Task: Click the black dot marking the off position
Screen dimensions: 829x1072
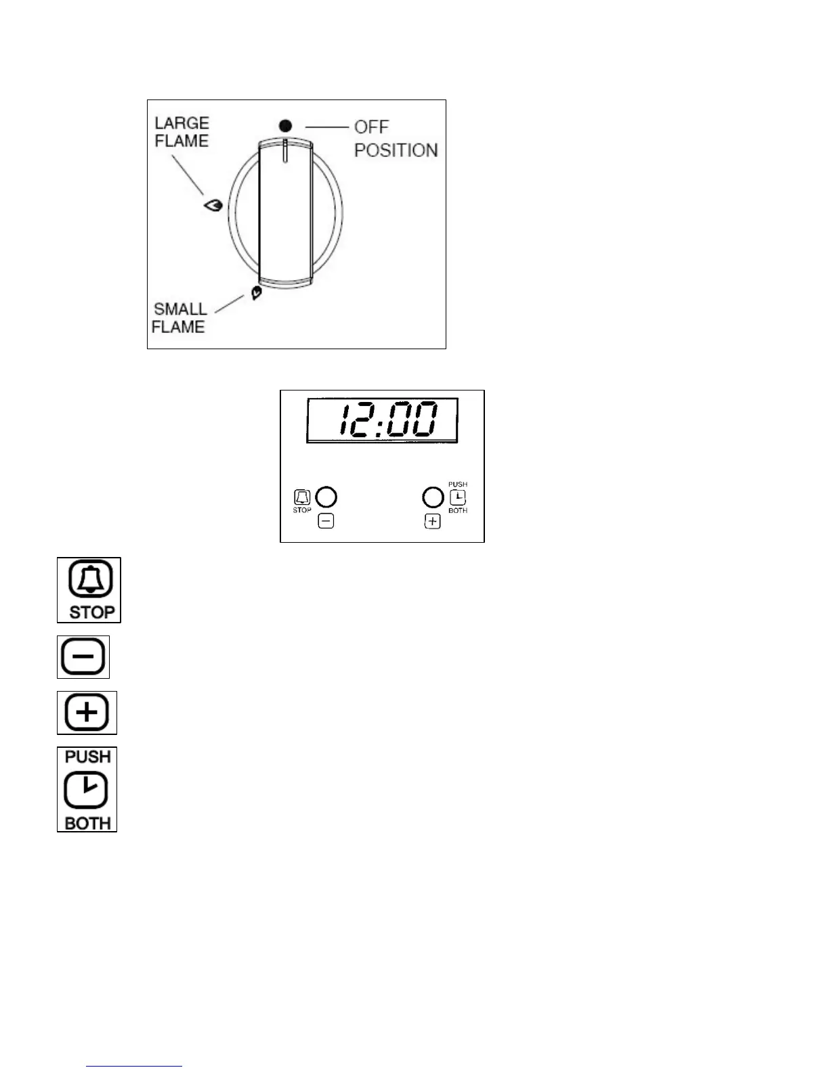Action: pos(286,126)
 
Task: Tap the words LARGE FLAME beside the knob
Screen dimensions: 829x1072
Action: pos(182,132)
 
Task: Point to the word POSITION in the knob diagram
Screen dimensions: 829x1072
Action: pos(396,150)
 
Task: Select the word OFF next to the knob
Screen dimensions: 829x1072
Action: pos(371,127)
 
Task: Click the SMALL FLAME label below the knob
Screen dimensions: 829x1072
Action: pos(179,317)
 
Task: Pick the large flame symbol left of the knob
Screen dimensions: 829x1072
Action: pos(213,205)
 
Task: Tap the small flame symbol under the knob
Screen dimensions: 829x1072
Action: pos(255,293)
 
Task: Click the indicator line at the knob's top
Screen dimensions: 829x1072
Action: pos(286,151)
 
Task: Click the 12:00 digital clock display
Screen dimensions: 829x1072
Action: pos(382,420)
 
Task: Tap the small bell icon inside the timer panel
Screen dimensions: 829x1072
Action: pos(302,497)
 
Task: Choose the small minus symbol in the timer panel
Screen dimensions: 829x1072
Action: pos(326,521)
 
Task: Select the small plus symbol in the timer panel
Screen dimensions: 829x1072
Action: pos(432,521)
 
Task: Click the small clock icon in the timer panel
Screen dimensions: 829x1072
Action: pos(458,497)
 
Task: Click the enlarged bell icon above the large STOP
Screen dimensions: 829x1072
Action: pos(90,580)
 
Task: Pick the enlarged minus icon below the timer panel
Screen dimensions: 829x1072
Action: pos(83,657)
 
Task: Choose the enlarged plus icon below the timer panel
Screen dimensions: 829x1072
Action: pos(87,712)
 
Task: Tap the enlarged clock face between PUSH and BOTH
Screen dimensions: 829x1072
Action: pos(86,789)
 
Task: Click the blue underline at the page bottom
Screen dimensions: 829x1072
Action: pos(134,1067)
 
